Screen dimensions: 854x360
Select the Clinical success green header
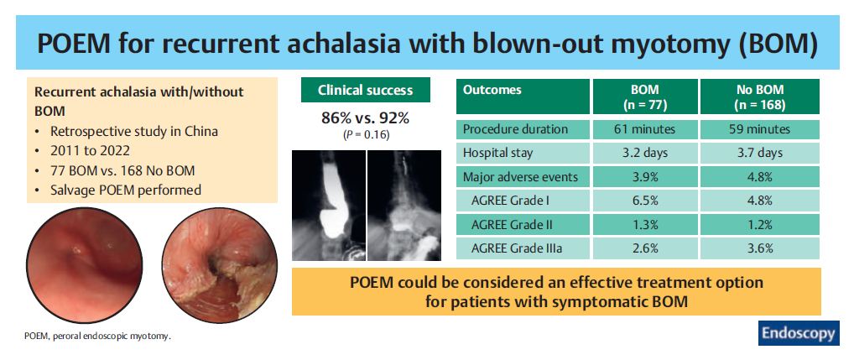click(x=366, y=90)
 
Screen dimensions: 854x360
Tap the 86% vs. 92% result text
click(x=366, y=117)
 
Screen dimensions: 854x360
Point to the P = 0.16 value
click(x=366, y=135)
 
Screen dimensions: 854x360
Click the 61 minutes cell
click(x=645, y=129)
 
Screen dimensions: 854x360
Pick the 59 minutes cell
click(x=760, y=129)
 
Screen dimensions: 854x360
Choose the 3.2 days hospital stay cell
click(x=645, y=153)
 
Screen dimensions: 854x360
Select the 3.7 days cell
click(x=760, y=153)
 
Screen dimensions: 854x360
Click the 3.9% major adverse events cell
click(x=645, y=176)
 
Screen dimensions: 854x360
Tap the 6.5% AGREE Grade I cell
click(x=645, y=201)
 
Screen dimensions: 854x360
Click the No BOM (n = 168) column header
click(x=760, y=97)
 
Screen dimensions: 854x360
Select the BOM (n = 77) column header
click(x=645, y=97)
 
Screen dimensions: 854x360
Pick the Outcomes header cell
click(x=523, y=97)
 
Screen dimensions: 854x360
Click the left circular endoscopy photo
click(x=85, y=265)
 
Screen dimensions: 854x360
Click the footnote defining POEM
click(x=97, y=336)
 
